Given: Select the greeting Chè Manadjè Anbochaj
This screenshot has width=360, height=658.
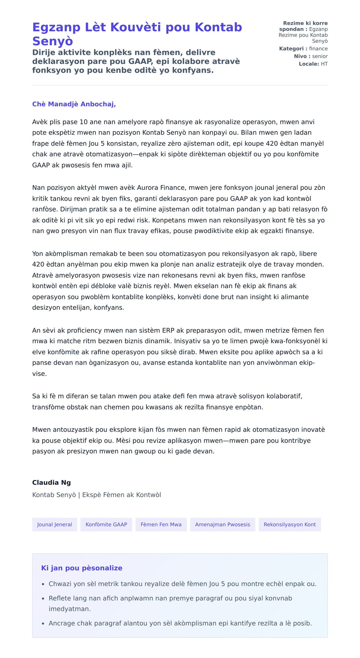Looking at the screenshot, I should (x=74, y=104).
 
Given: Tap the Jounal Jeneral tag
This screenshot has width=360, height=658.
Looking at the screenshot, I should (x=55, y=524).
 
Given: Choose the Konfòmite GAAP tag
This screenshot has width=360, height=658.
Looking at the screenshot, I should (x=106, y=524).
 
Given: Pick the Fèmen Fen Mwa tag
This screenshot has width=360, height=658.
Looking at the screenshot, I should (x=161, y=524).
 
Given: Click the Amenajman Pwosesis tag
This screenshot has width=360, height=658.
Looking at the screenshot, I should (x=223, y=524).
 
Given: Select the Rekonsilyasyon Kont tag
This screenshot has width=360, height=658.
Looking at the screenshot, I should (x=290, y=524).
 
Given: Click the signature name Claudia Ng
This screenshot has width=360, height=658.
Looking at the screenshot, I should (x=52, y=483).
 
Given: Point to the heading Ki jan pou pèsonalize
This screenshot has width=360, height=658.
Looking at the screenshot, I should (x=82, y=568).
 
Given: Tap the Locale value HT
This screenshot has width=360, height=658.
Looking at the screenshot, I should (x=324, y=64).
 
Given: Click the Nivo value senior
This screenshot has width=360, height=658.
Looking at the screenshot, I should (x=320, y=56).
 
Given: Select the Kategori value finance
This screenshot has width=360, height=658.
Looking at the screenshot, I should (x=318, y=49).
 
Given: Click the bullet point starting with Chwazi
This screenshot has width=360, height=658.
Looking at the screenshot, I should (x=182, y=584).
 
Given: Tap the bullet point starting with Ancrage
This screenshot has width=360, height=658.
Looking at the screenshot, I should (x=180, y=623).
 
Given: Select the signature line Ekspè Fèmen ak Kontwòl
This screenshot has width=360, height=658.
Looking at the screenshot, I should (x=121, y=495).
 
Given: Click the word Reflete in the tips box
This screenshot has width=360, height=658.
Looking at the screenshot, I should (x=60, y=598).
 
